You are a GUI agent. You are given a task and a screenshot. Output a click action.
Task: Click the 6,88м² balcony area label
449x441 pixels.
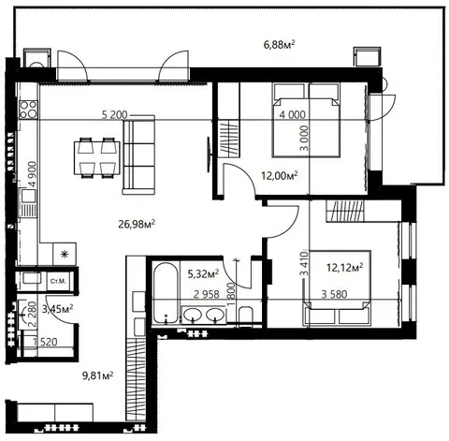click(x=280, y=45)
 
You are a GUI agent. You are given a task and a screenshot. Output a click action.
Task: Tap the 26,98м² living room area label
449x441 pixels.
click(x=137, y=224)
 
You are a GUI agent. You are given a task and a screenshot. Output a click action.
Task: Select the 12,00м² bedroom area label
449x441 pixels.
click(x=280, y=176)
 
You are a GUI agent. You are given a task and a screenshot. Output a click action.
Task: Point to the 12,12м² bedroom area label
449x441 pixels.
click(x=344, y=268)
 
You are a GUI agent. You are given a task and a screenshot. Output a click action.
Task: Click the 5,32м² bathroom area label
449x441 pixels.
click(x=203, y=274)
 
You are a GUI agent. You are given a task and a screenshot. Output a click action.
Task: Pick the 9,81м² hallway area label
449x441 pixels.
click(x=97, y=375)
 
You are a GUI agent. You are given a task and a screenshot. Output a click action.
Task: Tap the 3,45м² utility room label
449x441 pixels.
click(x=58, y=309)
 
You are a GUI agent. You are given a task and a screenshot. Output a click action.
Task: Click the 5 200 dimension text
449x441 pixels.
click(x=115, y=115)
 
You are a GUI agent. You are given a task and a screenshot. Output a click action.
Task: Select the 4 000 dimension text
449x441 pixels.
click(x=293, y=115)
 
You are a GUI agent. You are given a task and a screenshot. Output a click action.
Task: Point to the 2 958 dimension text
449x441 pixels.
click(x=207, y=294)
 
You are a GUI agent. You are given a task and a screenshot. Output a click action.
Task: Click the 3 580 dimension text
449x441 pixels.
click(x=334, y=294)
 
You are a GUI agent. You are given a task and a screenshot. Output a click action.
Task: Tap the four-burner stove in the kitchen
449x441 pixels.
click(x=28, y=110)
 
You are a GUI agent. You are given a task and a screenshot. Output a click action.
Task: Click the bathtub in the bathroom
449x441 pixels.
click(x=166, y=293)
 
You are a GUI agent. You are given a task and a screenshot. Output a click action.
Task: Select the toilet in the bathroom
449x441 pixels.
click(x=246, y=316)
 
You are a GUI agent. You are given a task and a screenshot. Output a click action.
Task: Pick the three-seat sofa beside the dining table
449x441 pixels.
click(x=139, y=154)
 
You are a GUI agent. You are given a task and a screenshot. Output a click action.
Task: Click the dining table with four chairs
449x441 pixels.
click(x=97, y=157)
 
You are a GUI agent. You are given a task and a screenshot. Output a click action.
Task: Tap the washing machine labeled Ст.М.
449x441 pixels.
click(x=58, y=281)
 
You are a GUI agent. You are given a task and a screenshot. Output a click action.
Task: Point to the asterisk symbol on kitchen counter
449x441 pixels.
click(x=65, y=255)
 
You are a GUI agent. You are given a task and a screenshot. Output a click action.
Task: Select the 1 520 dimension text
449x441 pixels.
click(x=46, y=342)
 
